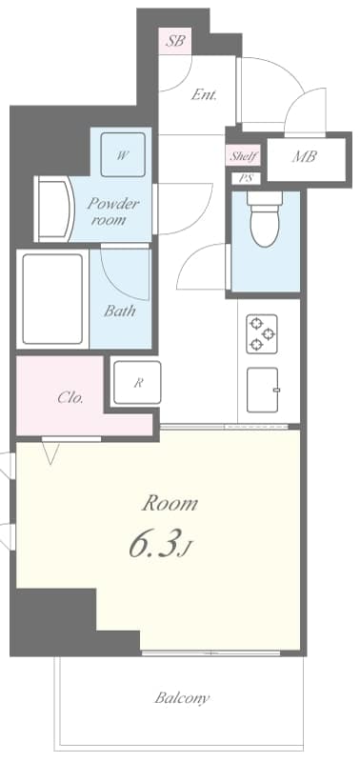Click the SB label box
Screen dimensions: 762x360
point(174,41)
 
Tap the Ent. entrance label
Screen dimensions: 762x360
point(204,94)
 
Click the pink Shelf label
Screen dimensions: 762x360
point(243,156)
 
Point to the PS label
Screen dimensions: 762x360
point(245,178)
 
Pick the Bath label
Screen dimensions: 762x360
point(120,311)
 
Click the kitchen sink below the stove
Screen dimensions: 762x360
point(263,391)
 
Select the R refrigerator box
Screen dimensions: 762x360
point(137,383)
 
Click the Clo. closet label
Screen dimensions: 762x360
point(70,398)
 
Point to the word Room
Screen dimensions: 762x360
point(170,502)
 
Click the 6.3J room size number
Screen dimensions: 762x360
point(162,546)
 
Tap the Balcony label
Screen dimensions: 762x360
point(182,698)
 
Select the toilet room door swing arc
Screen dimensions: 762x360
point(205,267)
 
